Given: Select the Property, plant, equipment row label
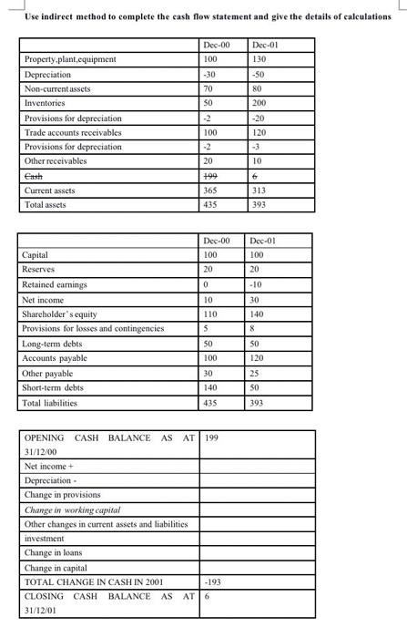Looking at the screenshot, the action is (x=70, y=59).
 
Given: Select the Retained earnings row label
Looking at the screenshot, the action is (x=55, y=284).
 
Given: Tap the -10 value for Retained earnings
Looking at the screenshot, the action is (x=258, y=284).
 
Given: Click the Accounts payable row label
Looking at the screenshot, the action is (x=56, y=357).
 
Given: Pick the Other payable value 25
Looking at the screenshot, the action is (x=258, y=372).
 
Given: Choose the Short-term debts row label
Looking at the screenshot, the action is (x=53, y=386).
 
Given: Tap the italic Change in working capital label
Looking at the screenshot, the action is (x=72, y=509).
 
